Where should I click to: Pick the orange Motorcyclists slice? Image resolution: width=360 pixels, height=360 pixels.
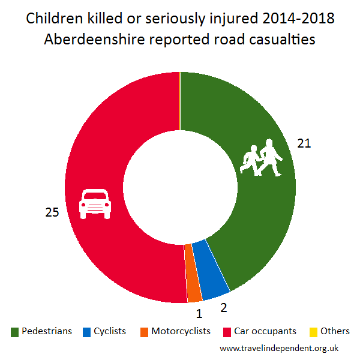194,274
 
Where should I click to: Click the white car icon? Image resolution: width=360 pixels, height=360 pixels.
95,203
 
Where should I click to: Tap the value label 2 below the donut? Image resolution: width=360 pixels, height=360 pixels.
223,308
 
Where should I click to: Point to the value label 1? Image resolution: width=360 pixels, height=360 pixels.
199,312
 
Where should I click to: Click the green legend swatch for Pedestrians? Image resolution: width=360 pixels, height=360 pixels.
14,332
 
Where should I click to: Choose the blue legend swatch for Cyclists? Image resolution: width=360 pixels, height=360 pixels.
87,332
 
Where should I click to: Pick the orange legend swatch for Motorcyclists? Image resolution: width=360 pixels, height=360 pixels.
145,332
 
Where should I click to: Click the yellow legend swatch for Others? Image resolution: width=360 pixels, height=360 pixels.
313,332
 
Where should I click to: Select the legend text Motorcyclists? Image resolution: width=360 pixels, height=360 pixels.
181,331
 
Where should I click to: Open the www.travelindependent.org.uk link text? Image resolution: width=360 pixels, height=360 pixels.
279,347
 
